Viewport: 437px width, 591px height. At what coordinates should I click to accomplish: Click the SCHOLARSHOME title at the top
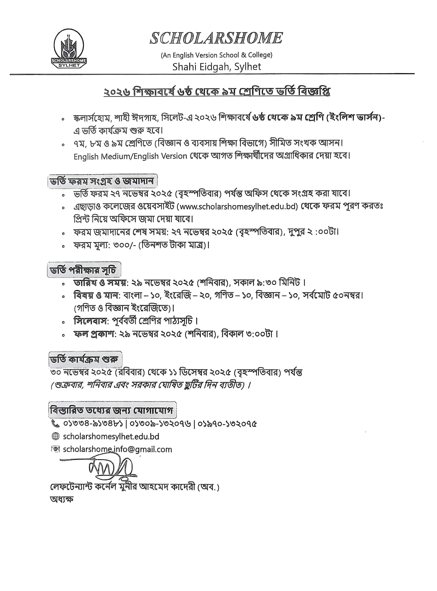click(x=216, y=38)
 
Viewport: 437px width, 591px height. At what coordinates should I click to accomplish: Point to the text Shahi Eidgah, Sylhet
click(x=217, y=67)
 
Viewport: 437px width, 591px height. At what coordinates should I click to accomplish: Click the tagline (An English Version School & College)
click(x=217, y=55)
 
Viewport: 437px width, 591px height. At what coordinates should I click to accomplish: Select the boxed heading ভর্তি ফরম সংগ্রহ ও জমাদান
click(x=102, y=181)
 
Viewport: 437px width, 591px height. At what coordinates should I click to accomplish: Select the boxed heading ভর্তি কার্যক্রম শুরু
click(x=85, y=359)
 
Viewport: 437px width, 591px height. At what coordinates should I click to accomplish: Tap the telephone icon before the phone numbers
click(x=55, y=424)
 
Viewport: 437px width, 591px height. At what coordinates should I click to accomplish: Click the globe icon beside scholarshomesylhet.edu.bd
click(x=55, y=437)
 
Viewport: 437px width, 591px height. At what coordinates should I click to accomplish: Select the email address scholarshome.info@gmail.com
click(x=117, y=449)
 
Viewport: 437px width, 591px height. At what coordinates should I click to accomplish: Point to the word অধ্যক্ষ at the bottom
click(x=61, y=500)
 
